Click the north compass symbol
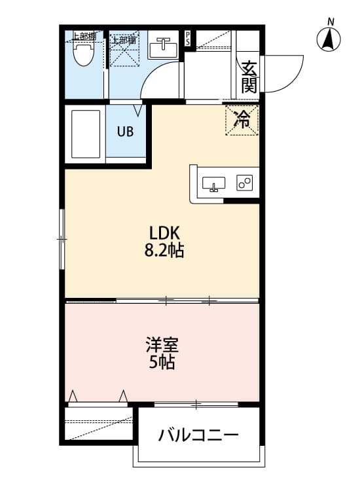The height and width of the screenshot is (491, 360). click(330, 39)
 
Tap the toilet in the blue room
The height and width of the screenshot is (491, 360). click(82, 53)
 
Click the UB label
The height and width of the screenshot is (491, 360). click(125, 131)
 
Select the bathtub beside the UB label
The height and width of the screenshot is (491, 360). click(86, 134)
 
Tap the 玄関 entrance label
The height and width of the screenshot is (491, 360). click(248, 76)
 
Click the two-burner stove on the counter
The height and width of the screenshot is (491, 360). click(245, 183)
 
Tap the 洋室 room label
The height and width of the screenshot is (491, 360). click(162, 344)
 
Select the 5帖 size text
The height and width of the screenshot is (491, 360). click(162, 362)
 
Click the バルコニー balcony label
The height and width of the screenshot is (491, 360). click(198, 435)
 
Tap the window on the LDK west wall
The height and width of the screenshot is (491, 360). click(62, 239)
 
